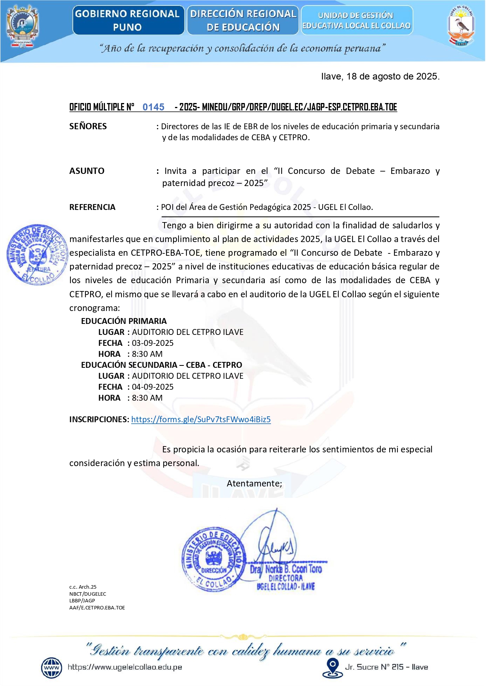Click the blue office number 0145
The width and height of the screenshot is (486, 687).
pyautogui.click(x=153, y=107)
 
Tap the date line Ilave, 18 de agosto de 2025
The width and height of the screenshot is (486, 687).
pyautogui.click(x=380, y=76)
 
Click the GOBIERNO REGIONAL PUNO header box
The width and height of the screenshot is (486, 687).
pyautogui.click(x=128, y=20)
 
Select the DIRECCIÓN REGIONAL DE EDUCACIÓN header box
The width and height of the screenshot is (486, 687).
pyautogui.click(x=243, y=20)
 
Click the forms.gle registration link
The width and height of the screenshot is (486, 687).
pyautogui.click(x=201, y=419)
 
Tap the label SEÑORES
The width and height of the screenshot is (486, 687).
pyautogui.click(x=88, y=127)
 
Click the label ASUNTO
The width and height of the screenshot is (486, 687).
pyautogui.click(x=87, y=171)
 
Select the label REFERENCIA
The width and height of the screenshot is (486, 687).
pyautogui.click(x=92, y=207)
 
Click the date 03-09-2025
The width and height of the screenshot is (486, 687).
pyautogui.click(x=153, y=343)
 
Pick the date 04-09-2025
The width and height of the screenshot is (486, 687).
pyautogui.click(x=153, y=387)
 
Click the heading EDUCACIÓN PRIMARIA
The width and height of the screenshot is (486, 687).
pyautogui.click(x=124, y=321)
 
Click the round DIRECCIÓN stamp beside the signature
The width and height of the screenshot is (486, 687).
pyautogui.click(x=213, y=559)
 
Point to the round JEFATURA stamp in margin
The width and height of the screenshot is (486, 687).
pyautogui.click(x=37, y=255)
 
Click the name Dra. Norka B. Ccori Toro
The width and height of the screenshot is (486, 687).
pyautogui.click(x=286, y=569)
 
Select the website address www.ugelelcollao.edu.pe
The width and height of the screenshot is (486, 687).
pyautogui.click(x=125, y=667)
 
